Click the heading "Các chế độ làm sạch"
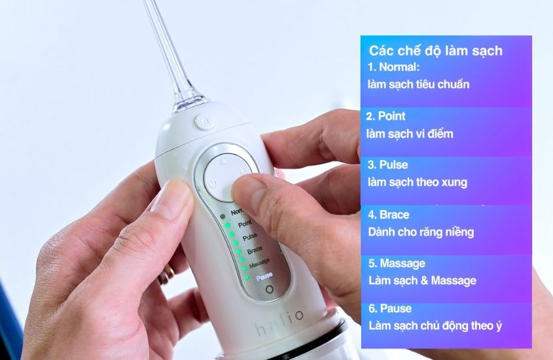coord(436,50)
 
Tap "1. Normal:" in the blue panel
coord(393,67)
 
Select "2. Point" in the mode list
coord(386,116)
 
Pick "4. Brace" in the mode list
coord(389,214)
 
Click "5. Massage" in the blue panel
coord(397,263)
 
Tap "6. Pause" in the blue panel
coord(391,308)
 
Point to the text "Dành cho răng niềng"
coord(421,232)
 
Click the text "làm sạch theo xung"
coord(418,182)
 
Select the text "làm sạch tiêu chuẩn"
coord(418,84)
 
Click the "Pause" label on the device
coord(264,276)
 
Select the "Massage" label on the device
coord(259,262)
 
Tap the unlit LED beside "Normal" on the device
coord(223,215)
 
